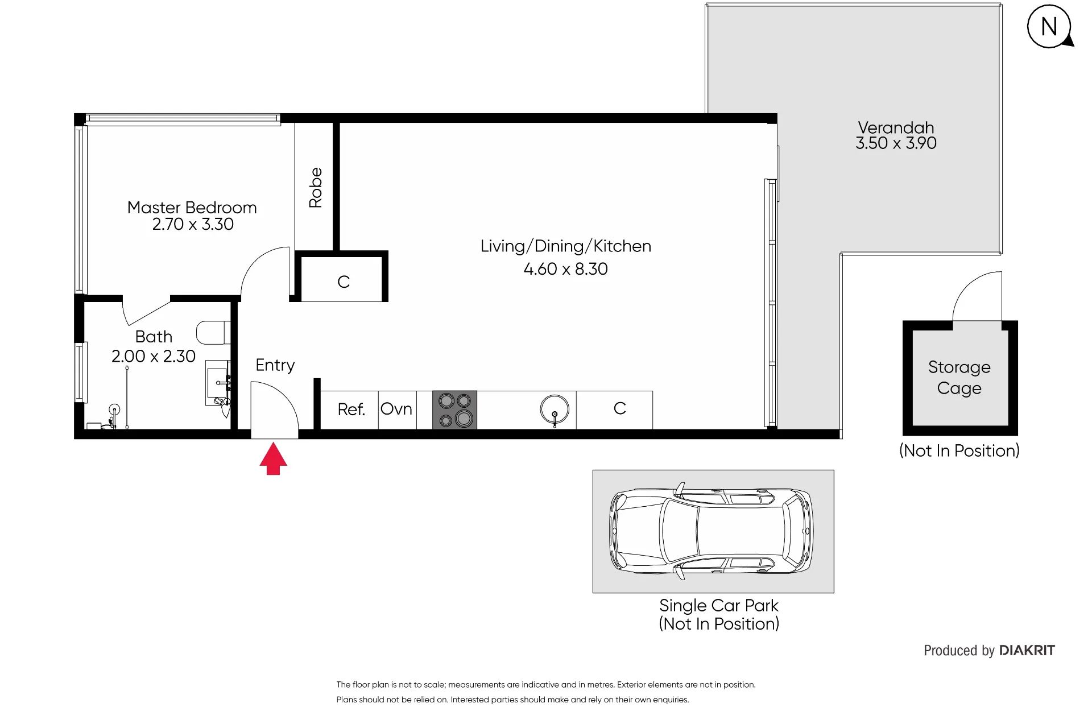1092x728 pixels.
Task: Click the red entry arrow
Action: (274, 459)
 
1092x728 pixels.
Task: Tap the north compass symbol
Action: (1050, 27)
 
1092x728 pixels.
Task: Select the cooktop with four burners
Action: (455, 410)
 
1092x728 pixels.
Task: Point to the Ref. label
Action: (351, 409)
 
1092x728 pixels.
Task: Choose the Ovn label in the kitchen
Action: (396, 409)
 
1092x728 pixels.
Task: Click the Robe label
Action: (316, 188)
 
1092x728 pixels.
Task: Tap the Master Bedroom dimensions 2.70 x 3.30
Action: (193, 224)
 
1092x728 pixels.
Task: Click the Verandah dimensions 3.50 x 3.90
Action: (896, 143)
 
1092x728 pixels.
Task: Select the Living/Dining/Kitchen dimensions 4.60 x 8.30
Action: (566, 269)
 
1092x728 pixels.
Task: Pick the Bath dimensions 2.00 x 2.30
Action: (154, 356)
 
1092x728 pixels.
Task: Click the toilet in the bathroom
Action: (214, 333)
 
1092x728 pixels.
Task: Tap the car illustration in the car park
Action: (712, 531)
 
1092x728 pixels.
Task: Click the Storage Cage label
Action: (959, 378)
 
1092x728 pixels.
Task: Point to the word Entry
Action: (275, 365)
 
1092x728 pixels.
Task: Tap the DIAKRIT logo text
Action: (1027, 651)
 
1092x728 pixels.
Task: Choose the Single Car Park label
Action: (719, 606)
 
